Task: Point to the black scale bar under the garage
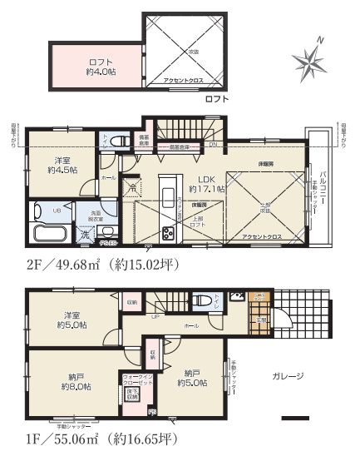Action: coord(294,417)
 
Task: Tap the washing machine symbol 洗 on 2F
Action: coord(86,235)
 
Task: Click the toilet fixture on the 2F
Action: coord(115,141)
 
